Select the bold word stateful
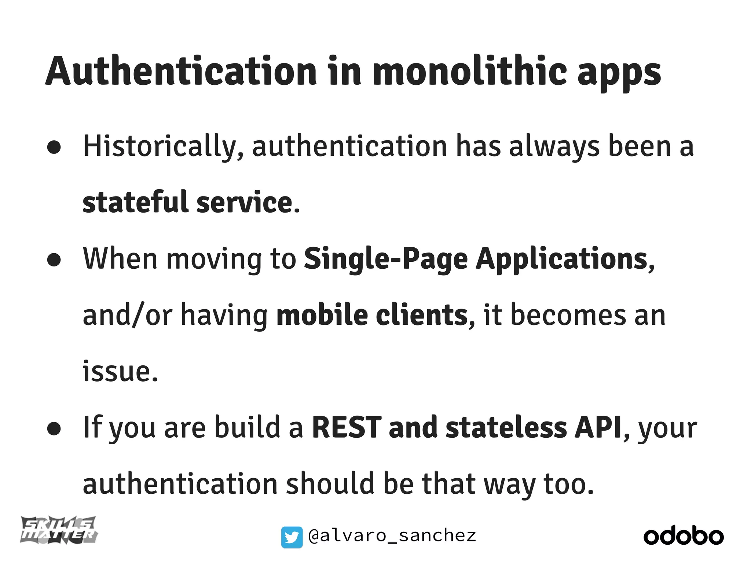135,202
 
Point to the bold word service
244,202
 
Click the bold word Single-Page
386,260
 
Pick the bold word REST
347,427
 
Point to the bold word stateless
506,427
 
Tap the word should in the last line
330,484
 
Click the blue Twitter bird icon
292,537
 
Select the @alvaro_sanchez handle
392,536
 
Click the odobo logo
684,537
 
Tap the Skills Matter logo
59,530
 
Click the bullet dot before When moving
54,260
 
